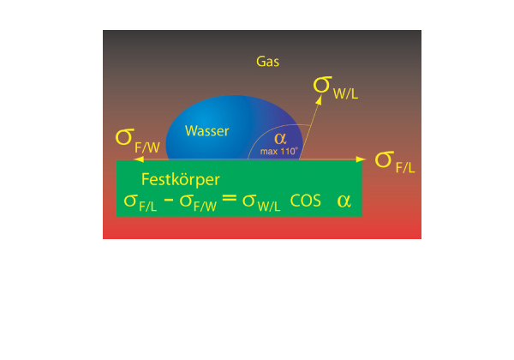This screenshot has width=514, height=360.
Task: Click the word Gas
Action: tap(268, 62)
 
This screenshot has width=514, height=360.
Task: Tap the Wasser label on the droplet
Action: tap(207, 130)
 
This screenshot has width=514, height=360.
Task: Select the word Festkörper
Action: tap(180, 181)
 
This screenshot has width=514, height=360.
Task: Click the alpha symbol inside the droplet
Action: tap(280, 138)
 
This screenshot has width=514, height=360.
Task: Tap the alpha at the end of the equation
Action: tap(344, 201)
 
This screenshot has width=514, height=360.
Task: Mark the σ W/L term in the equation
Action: tap(260, 204)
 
